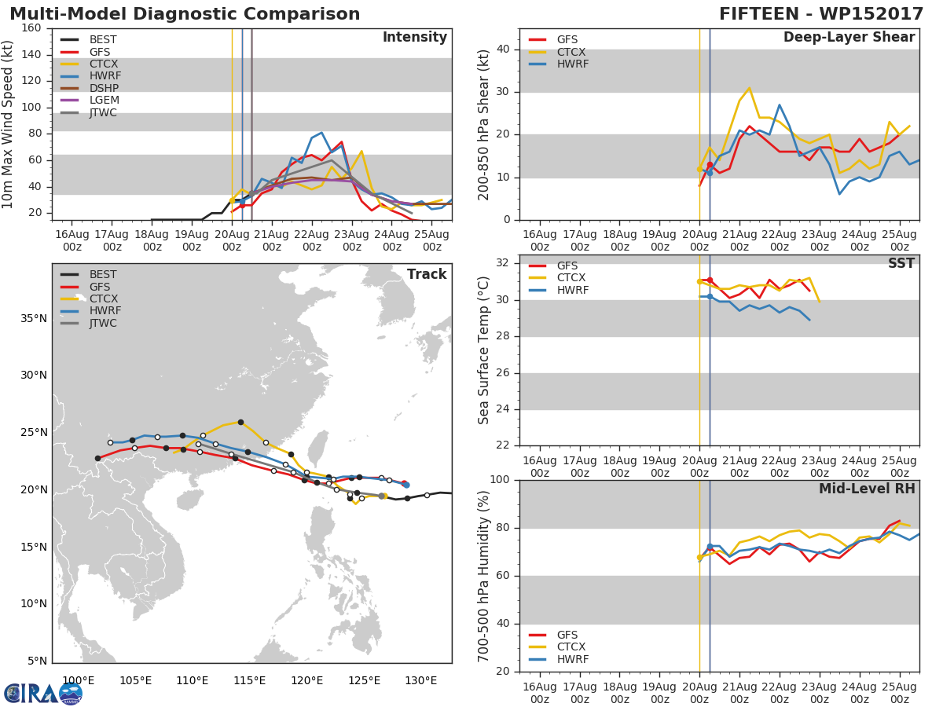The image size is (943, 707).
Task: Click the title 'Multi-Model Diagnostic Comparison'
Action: [185, 14]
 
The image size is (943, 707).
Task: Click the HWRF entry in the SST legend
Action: [572, 290]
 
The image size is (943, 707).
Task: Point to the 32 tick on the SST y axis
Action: [503, 263]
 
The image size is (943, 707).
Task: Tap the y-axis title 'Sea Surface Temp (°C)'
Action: [485, 350]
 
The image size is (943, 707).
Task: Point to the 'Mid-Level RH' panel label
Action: [866, 489]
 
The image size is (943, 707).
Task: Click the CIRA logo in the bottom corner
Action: [43, 693]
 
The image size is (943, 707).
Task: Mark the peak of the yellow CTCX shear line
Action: [750, 88]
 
